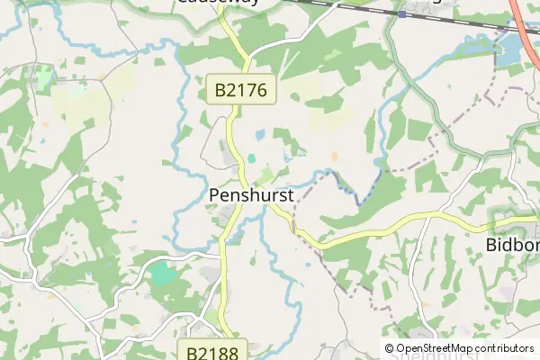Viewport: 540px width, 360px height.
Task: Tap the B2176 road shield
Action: [238, 90]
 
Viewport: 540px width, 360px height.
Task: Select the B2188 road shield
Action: [212, 350]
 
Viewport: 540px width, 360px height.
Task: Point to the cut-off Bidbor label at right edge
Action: [512, 245]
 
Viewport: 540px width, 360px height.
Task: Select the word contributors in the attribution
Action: [504, 348]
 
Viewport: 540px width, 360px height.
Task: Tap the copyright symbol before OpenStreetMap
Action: [389, 348]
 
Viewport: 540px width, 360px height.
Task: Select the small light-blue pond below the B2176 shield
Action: [259, 135]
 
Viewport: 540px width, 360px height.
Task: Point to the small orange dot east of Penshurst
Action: [335, 157]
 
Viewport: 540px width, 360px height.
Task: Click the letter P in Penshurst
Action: [213, 194]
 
